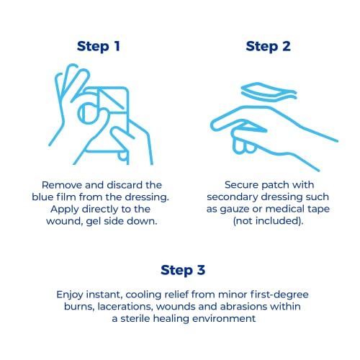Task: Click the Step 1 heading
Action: (99, 47)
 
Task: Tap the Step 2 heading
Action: (268, 47)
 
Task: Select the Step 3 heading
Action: (183, 271)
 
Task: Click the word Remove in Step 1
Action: (62, 185)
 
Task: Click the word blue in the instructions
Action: (42, 197)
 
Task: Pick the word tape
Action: (318, 210)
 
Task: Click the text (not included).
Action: (268, 221)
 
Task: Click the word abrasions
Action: (245, 307)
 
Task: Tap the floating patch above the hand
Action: (269, 92)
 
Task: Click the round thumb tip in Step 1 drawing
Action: (89, 113)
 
